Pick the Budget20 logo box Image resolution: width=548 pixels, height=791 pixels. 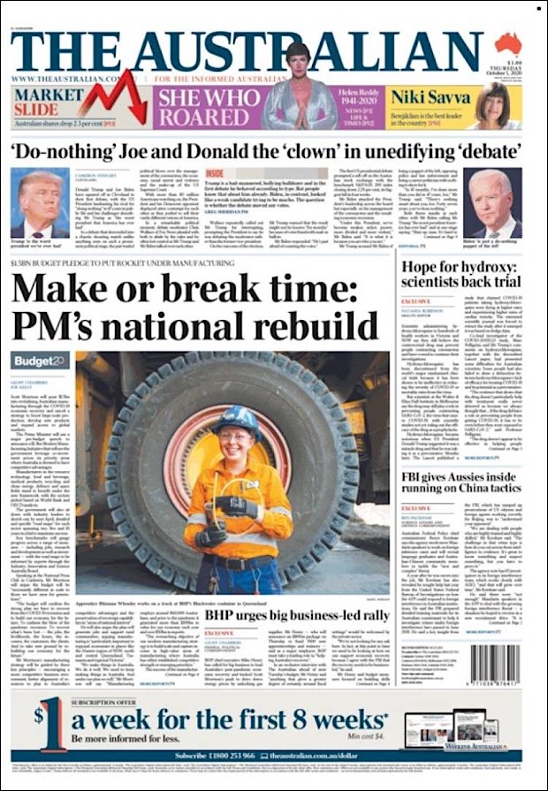pos(40,361)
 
